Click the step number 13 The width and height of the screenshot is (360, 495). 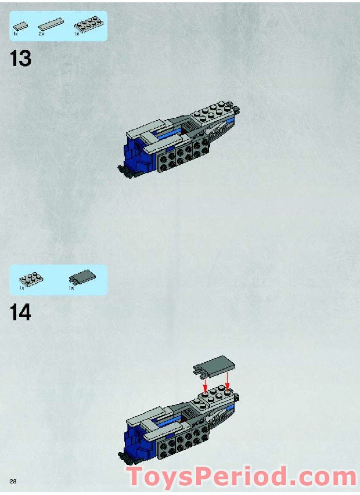(20, 59)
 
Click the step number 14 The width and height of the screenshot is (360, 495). (20, 313)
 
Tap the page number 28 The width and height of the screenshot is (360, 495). (12, 481)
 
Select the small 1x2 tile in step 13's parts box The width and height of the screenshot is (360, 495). (21, 26)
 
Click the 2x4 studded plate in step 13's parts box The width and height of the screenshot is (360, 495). (85, 24)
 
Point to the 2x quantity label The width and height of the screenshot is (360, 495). (41, 34)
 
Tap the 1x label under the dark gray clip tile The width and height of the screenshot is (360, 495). (71, 288)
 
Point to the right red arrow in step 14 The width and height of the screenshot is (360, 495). (228, 384)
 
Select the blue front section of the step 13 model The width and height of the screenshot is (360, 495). (135, 152)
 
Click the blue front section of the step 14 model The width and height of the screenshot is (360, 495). (135, 436)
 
